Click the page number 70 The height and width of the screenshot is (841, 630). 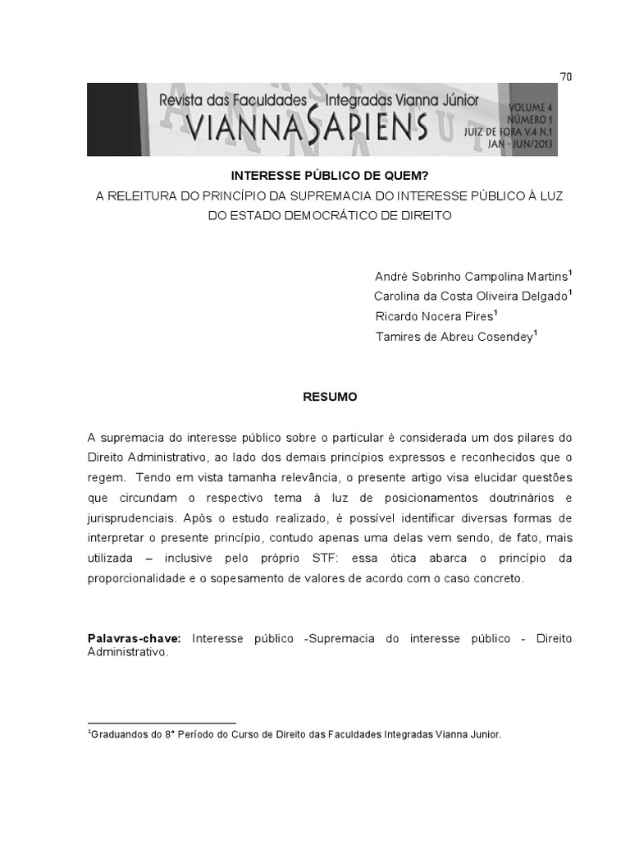coord(565,76)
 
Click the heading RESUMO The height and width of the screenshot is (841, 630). coord(330,396)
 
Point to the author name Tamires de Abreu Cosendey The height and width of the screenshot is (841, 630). coord(454,335)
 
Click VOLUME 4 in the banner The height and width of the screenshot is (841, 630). coord(532,108)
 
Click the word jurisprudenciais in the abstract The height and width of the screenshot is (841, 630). coord(127,519)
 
